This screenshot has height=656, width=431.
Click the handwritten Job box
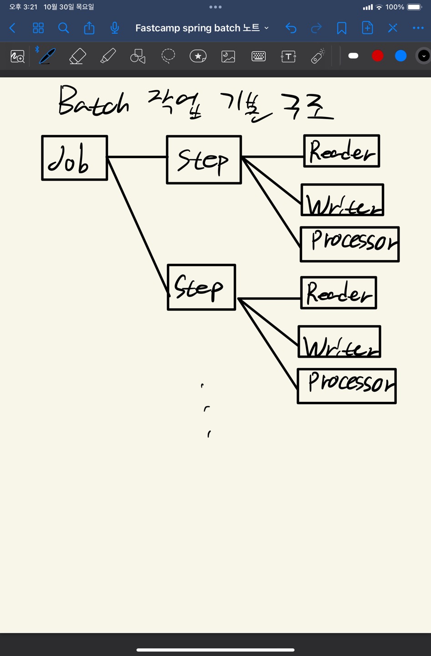coord(74,158)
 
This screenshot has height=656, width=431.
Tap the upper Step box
coord(204,159)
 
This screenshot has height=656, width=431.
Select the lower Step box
coord(201,287)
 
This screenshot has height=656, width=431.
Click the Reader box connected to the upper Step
coord(342,151)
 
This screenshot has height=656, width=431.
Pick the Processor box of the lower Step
coord(347,386)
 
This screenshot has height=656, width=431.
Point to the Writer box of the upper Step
coord(342,200)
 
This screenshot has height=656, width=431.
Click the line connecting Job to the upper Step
coord(137,157)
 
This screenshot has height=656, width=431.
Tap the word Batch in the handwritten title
coord(94,101)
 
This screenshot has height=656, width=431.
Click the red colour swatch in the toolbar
coord(377,56)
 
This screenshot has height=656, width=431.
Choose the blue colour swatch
coord(401,56)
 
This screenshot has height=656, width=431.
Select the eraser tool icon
coord(77,56)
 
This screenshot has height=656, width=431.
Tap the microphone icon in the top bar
coord(115,28)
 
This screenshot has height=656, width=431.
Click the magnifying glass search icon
coord(64,28)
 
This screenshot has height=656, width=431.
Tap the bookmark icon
coord(342,28)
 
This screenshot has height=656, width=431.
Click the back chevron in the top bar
coord(13,28)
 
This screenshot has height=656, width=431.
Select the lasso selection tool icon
coord(168,56)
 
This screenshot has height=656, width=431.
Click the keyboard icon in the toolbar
coord(258,56)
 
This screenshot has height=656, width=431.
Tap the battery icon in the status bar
coord(415,7)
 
